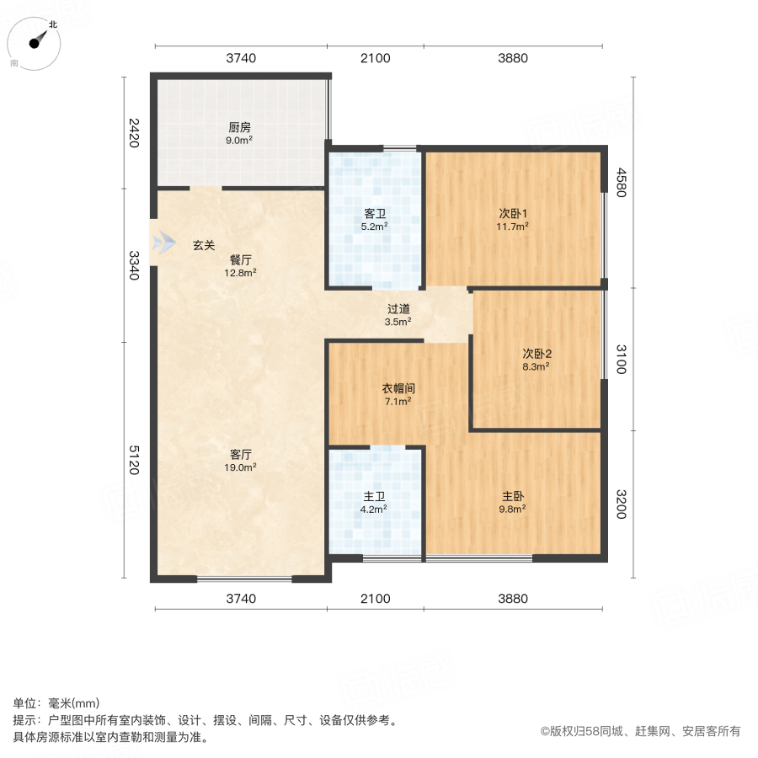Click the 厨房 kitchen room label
coord(239,128)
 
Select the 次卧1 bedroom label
coord(512,213)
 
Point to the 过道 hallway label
coord(398,309)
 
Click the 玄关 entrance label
coord(204,246)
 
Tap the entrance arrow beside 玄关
coord(161,245)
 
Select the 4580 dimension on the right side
coord(621,183)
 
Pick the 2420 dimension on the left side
coord(133,133)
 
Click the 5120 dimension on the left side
coord(133,461)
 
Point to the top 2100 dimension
coord(375,58)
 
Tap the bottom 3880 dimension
coord(512,599)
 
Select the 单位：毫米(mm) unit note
coord(56,704)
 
